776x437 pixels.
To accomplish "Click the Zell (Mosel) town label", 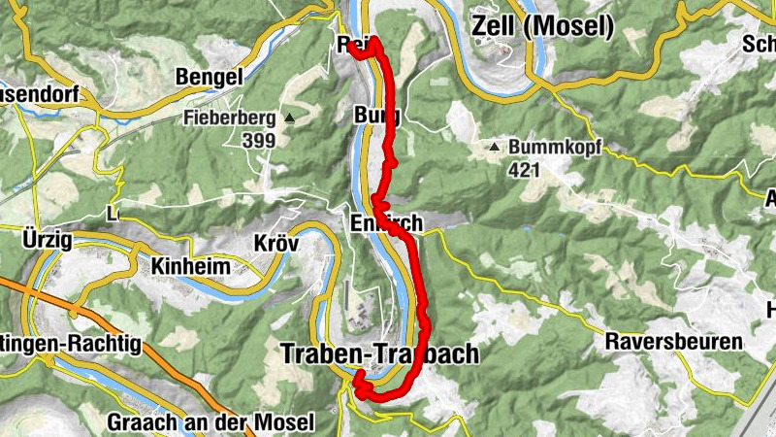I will [x=542, y=27].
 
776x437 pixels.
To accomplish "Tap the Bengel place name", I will [x=209, y=77].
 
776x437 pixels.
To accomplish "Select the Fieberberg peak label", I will [x=230, y=119].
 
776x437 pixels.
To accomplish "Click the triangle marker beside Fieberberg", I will [x=289, y=118].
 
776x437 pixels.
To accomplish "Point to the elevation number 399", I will [x=259, y=140].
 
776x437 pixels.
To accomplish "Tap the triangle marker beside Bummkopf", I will [x=495, y=148].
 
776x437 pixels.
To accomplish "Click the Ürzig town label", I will [x=46, y=240].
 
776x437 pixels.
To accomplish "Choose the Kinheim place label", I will [x=190, y=265].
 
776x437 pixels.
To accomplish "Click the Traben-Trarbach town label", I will [x=379, y=354].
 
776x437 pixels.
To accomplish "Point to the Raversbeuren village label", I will [x=674, y=342].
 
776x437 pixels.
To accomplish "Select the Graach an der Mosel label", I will [x=210, y=422].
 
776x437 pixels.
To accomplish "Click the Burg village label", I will [x=377, y=117].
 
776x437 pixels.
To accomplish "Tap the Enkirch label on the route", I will [x=386, y=224].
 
